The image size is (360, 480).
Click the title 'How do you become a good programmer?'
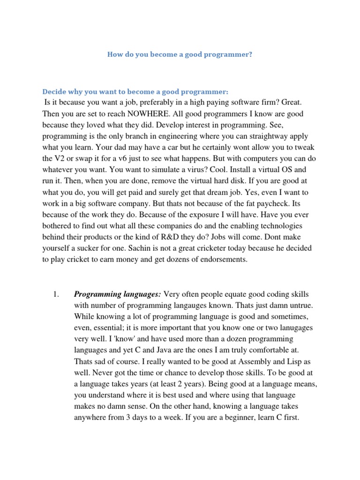coord(180,54)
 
